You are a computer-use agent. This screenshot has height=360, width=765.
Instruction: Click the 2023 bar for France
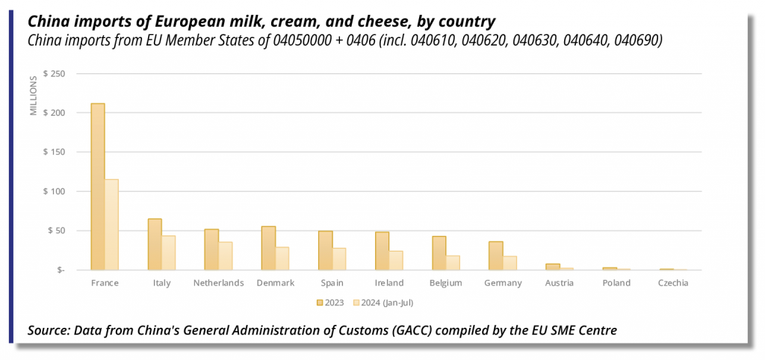98,187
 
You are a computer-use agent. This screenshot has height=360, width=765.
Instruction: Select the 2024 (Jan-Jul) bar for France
111,225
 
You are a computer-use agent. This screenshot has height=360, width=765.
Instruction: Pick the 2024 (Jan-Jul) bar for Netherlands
225,255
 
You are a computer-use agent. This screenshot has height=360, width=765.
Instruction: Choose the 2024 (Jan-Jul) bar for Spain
339,258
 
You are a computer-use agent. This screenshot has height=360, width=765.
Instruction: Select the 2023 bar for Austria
553,267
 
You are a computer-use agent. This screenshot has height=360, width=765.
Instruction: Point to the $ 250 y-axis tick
55,74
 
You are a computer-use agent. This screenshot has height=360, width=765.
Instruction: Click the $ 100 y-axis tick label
55,191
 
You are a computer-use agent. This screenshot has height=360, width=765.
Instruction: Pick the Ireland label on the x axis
389,283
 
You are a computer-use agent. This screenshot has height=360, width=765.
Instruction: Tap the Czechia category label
673,283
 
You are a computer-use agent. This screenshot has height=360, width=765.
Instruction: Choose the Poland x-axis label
616,283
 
